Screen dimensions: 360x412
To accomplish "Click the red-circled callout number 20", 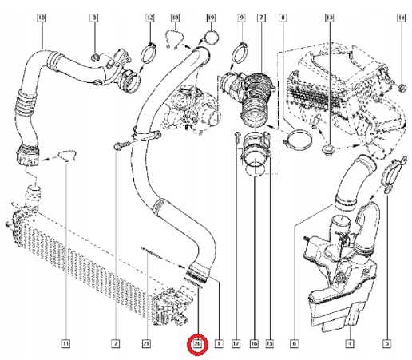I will [198, 344].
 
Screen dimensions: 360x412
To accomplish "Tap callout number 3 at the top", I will [94, 17].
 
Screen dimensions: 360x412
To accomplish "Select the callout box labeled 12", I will [150, 17].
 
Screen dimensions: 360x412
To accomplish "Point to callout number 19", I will [210, 17].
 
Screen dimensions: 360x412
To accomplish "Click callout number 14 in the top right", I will [390, 17].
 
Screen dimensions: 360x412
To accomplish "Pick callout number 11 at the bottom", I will [65, 344].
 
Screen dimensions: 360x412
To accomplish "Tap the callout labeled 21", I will [145, 344].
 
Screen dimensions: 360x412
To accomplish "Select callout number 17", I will [236, 344].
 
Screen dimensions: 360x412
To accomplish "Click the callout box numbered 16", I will [252, 344].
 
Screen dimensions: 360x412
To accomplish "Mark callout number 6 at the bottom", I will [294, 344].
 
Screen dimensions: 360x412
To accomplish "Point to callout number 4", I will [349, 344].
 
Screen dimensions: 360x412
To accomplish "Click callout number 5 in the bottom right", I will [387, 344].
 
